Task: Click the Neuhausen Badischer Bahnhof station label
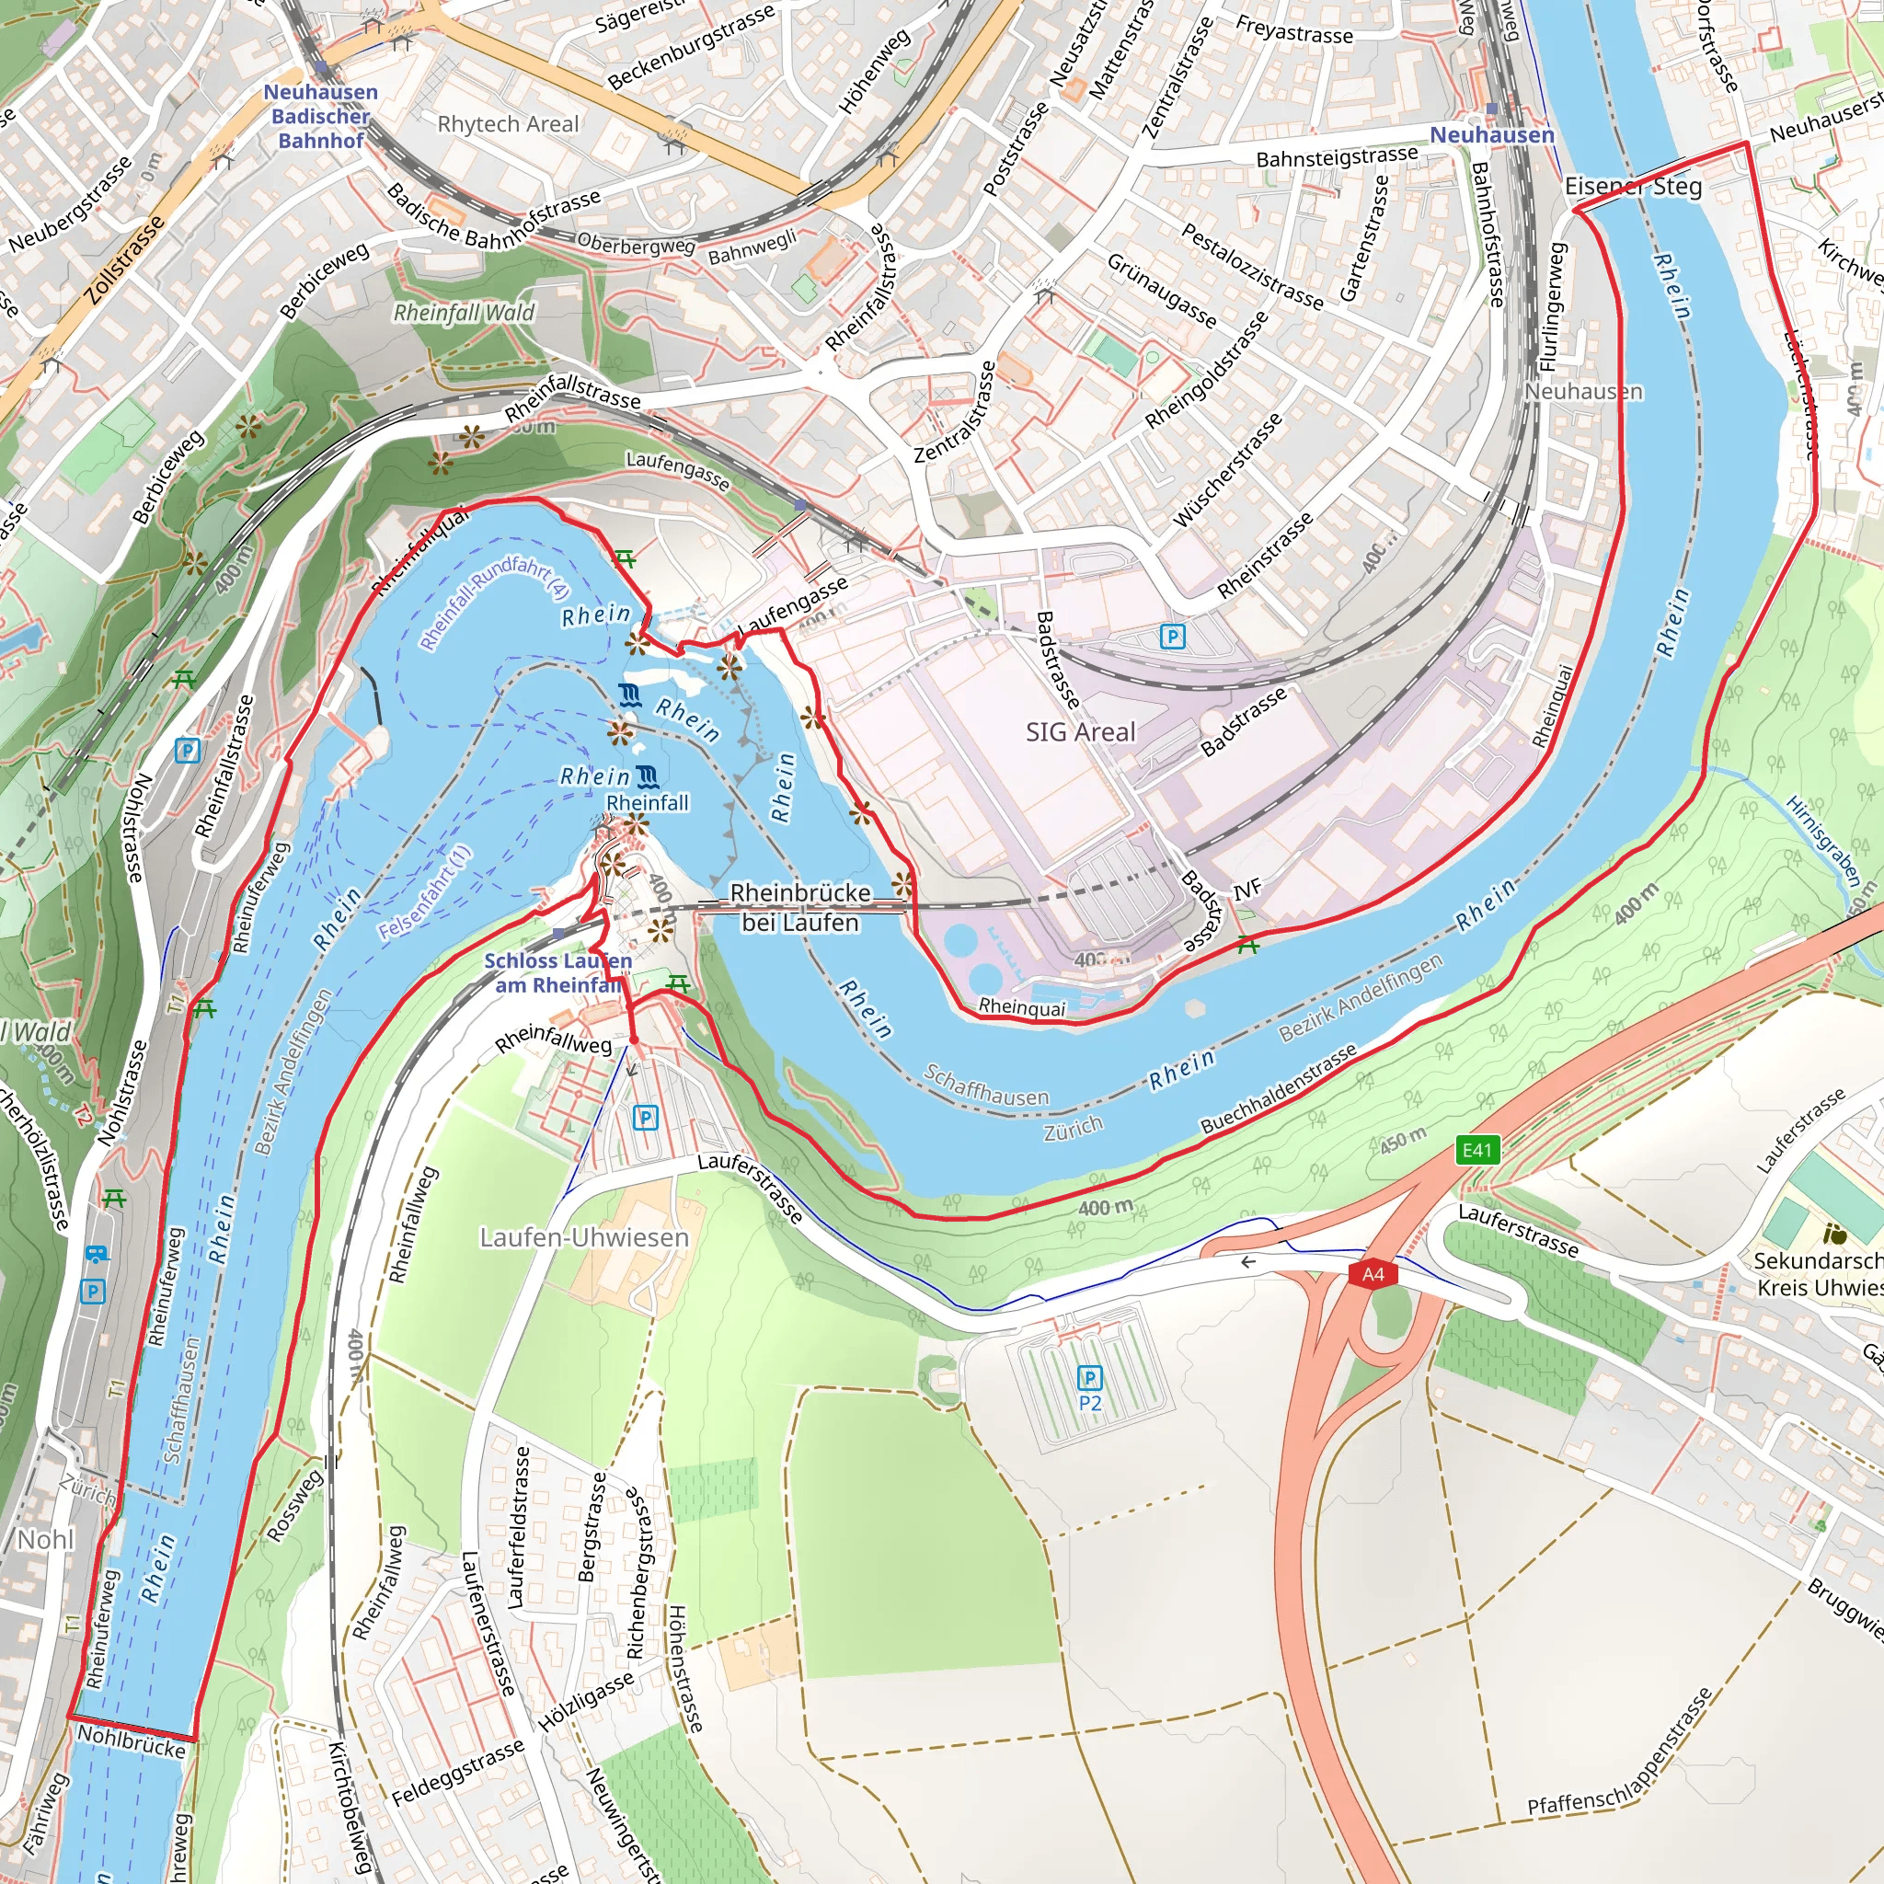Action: [321, 116]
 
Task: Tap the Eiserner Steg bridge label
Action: [1633, 186]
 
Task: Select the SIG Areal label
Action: [1081, 732]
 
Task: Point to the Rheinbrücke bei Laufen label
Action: [799, 907]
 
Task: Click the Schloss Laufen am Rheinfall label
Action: [557, 972]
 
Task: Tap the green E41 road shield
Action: [1476, 1150]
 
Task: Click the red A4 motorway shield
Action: [1373, 1274]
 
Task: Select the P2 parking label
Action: [1089, 1402]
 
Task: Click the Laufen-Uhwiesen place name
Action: [584, 1237]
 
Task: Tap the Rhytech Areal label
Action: [507, 124]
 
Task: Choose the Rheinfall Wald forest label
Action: [464, 312]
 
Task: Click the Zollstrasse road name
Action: [124, 261]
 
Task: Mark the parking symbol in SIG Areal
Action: [1172, 637]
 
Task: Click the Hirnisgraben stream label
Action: [1821, 839]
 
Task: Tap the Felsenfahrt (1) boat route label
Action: [425, 892]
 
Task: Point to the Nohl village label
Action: [45, 1540]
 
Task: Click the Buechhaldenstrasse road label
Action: [1278, 1089]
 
